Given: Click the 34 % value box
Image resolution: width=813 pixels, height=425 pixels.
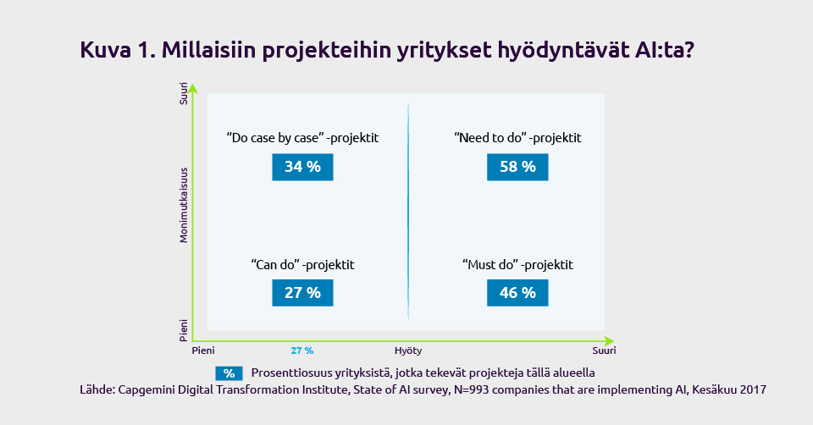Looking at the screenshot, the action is coord(302,167).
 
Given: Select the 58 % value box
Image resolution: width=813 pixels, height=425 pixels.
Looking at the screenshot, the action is coord(517,167).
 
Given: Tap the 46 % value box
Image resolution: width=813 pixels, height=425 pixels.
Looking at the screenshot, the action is coord(517,293).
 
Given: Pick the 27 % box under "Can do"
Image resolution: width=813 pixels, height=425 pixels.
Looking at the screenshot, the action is coord(302,293).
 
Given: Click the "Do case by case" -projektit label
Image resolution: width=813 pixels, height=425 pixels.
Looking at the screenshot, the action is coord(303,138).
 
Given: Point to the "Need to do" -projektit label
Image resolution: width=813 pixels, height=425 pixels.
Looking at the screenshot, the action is coord(517,138).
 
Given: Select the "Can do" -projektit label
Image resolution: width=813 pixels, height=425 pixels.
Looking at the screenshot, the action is coord(303,265).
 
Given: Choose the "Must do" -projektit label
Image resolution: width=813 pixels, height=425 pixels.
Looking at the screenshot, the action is coord(517,265).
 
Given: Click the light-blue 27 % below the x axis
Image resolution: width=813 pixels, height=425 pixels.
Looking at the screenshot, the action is coord(302,350).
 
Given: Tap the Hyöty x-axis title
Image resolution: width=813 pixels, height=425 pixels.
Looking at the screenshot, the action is coord(408,350).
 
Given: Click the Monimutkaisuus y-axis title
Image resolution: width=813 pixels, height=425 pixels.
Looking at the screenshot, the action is coord(184,205).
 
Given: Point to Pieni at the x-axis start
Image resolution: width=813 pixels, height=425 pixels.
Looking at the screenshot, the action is coord(203,350).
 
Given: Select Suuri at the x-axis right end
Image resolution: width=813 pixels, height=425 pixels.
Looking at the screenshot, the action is coord(604,350).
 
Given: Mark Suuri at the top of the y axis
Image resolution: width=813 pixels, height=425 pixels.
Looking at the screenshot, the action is coord(184,93).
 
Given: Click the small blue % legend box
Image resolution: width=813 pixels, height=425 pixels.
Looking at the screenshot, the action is coord(230,373).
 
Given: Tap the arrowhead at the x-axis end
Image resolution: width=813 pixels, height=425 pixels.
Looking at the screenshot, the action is coord(610,341).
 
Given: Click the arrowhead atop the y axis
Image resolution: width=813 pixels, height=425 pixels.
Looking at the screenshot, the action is coord(193,87).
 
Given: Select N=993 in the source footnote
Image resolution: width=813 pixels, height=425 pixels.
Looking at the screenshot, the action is coord(472,389).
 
